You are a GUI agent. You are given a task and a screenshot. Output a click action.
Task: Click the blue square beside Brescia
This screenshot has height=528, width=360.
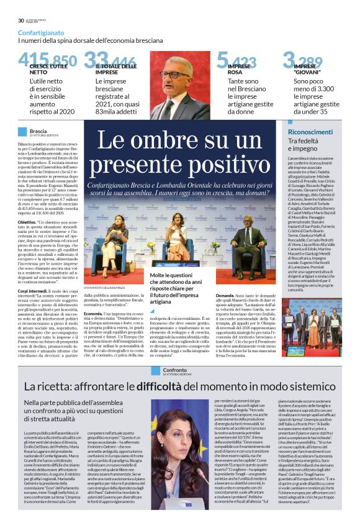pyautogui.click(x=23, y=132)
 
